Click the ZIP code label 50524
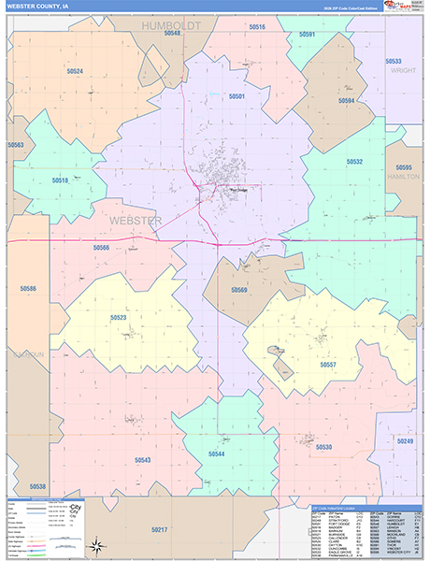click(75, 72)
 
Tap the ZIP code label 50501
click(236, 96)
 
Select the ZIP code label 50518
click(60, 180)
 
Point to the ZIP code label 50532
click(354, 162)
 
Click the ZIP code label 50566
click(101, 248)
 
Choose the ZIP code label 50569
click(239, 290)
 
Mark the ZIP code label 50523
click(118, 318)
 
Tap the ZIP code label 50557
click(328, 364)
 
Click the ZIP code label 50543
click(142, 460)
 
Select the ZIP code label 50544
click(216, 454)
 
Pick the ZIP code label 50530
click(323, 447)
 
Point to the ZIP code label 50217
click(160, 530)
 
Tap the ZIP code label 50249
click(405, 440)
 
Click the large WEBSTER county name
click(136, 221)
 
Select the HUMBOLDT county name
click(171, 26)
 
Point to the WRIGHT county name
click(403, 69)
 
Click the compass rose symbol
click(95, 545)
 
